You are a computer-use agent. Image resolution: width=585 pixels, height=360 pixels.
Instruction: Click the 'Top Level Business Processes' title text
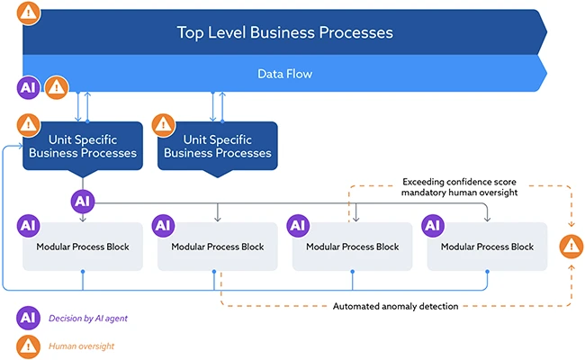click(x=284, y=32)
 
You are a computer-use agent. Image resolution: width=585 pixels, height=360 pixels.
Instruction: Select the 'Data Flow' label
click(x=284, y=74)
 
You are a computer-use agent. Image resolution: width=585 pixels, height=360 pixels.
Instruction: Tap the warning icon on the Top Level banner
click(x=30, y=13)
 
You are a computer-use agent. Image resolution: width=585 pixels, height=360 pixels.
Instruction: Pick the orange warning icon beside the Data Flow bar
click(x=56, y=87)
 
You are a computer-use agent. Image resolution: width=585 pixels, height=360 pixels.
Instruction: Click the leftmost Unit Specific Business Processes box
click(x=83, y=147)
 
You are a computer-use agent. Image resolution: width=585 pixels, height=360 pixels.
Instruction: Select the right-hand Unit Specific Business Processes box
click(x=217, y=147)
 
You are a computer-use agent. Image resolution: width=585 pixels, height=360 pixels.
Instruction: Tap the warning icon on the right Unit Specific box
click(x=164, y=124)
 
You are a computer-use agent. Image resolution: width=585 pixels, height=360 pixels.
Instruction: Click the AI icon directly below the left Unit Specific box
click(x=83, y=200)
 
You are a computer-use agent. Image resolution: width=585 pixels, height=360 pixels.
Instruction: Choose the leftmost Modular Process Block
click(x=83, y=247)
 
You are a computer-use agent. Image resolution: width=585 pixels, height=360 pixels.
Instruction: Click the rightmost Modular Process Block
click(x=487, y=247)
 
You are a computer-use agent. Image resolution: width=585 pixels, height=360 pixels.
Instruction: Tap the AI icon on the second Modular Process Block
click(x=164, y=225)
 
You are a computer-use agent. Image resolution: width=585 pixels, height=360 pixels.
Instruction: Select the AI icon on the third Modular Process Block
click(x=299, y=225)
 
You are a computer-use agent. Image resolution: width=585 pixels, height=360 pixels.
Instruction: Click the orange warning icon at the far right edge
click(x=570, y=245)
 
